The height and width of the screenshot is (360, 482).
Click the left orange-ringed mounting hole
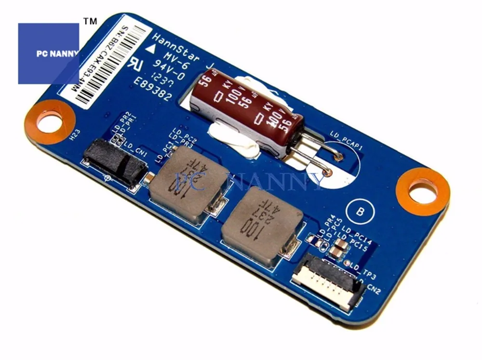point(49,120)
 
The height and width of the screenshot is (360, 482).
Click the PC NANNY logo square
point(48,53)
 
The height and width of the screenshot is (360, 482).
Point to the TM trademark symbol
point(90,22)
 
